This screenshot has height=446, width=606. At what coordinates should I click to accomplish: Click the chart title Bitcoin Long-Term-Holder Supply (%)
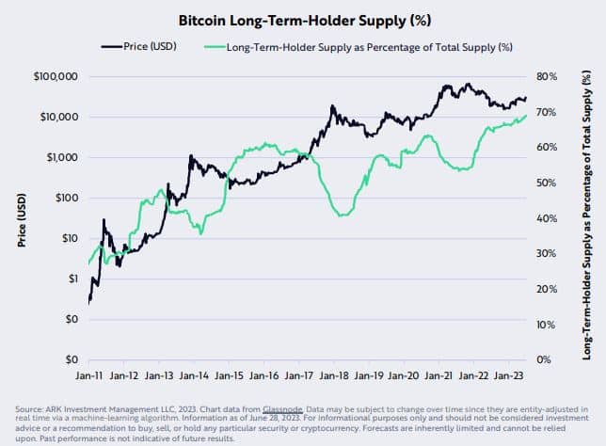pos(302,18)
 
